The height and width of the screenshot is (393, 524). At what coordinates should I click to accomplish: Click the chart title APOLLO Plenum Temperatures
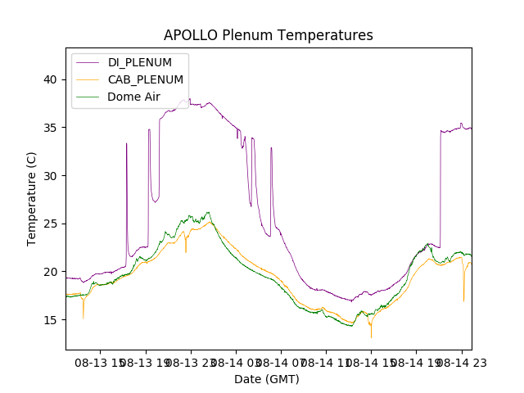tap(268, 35)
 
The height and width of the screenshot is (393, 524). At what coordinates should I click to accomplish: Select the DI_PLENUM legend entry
tap(139, 63)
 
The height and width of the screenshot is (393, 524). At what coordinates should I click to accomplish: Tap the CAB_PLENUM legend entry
tap(145, 79)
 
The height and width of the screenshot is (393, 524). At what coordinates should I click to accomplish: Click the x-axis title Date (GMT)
tap(267, 379)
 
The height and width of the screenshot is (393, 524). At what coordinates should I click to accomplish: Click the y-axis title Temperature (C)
tap(32, 199)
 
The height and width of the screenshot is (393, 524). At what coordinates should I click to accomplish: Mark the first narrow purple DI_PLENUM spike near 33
tap(126, 144)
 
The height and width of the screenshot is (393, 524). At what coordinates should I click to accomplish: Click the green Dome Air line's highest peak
tap(208, 213)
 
